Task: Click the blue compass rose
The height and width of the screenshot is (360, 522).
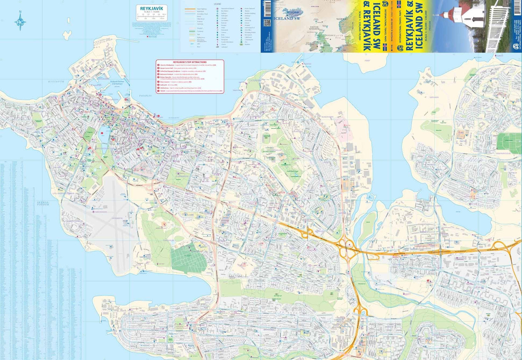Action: [x=20, y=22]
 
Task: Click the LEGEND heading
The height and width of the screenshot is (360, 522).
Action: [x=217, y=4]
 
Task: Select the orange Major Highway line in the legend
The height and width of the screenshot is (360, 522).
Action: [x=190, y=9]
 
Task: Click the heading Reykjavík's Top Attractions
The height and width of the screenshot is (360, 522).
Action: [x=190, y=62]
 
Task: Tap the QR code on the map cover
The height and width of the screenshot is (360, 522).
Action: [x=267, y=23]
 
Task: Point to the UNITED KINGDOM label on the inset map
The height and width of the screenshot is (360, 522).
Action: [x=314, y=28]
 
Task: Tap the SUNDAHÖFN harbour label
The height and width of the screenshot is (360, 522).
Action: [x=327, y=117]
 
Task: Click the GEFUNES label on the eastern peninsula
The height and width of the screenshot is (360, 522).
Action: [x=434, y=97]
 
